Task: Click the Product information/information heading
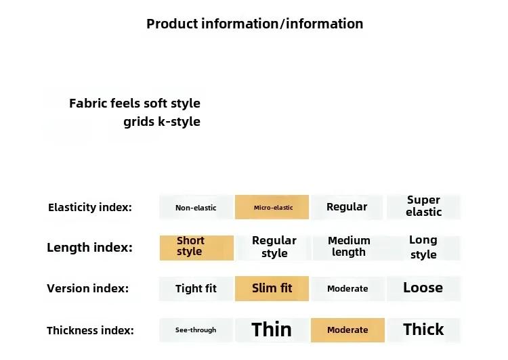point(255,24)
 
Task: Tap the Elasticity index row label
point(90,207)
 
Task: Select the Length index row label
point(89,248)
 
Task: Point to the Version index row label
point(88,288)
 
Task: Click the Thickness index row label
point(90,330)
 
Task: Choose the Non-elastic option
point(196,207)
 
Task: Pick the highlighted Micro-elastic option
point(272,207)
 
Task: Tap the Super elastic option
point(423,207)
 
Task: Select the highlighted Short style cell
point(196,248)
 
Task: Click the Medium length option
point(349,248)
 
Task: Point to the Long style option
point(423,248)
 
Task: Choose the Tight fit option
point(196,288)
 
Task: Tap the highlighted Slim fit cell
point(272,288)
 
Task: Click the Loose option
point(423,288)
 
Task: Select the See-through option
point(196,330)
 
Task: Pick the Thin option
point(272,330)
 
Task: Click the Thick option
point(423,330)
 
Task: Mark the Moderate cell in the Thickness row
point(347,330)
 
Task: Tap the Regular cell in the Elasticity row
point(347,207)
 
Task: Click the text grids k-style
point(162,122)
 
